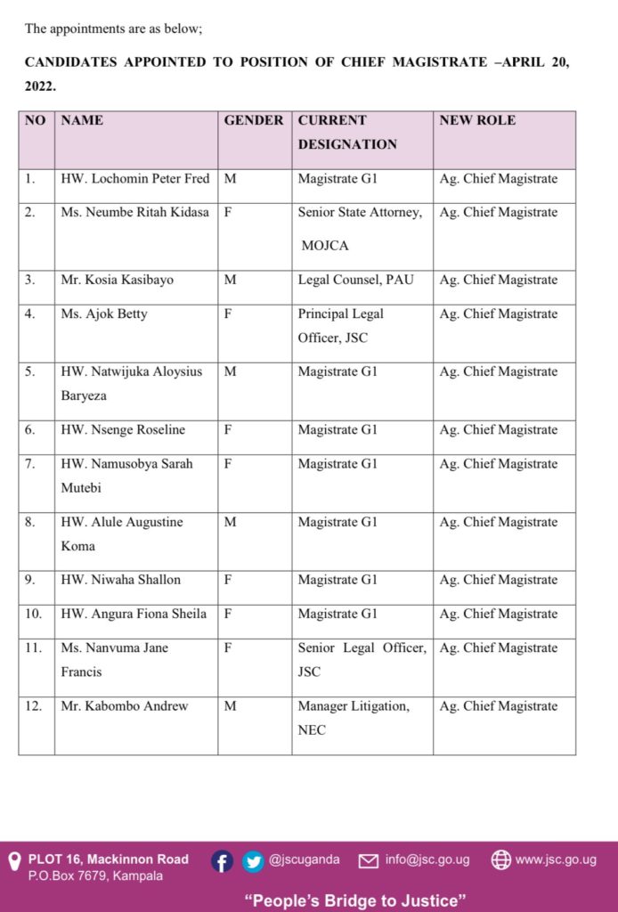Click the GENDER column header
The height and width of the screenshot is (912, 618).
[x=254, y=120]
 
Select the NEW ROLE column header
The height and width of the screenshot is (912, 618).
[x=477, y=120]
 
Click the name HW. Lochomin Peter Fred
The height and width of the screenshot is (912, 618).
[x=135, y=179]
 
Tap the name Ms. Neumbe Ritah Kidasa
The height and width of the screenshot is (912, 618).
[x=135, y=213]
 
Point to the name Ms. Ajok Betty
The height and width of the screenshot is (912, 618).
[x=104, y=314]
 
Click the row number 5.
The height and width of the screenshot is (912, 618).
[x=30, y=372]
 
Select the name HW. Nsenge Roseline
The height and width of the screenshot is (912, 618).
[x=123, y=430]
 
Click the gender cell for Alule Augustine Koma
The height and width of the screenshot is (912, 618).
[x=230, y=523]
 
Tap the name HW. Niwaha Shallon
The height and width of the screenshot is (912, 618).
[x=121, y=580]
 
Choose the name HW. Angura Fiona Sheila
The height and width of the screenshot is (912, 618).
[x=134, y=614]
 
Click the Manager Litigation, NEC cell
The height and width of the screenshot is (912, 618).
[x=354, y=718]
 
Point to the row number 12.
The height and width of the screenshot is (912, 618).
[x=33, y=706]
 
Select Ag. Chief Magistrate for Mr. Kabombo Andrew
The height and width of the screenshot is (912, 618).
[x=498, y=706]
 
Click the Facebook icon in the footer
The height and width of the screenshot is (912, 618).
[x=223, y=861]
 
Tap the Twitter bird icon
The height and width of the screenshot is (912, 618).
[x=253, y=861]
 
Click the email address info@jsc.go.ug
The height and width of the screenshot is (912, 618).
[x=427, y=860]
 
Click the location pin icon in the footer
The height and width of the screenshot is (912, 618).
[x=14, y=861]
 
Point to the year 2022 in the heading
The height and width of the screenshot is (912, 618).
[x=40, y=87]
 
